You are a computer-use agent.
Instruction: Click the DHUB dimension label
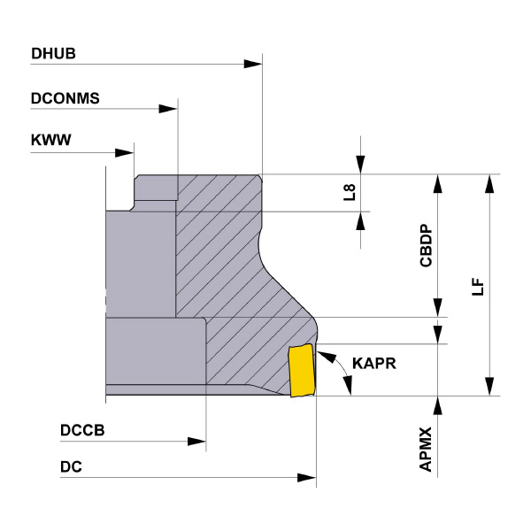click(54, 53)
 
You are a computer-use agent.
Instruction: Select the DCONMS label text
click(65, 99)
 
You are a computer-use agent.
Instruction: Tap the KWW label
click(50, 140)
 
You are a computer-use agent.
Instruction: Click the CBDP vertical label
click(426, 245)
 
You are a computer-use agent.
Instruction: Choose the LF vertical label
click(478, 285)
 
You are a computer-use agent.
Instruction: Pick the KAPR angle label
click(373, 364)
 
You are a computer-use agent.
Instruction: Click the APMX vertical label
click(426, 450)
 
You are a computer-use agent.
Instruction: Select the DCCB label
click(82, 430)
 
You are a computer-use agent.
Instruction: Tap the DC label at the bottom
click(71, 466)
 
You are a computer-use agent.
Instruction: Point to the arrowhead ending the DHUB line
click(253, 64)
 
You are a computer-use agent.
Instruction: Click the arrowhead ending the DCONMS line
click(168, 110)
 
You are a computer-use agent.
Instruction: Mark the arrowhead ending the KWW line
click(125, 150)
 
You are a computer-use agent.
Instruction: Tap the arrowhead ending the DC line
click(306, 478)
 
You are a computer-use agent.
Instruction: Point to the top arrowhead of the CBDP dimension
click(437, 183)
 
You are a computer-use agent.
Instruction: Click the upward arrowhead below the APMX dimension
click(437, 405)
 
